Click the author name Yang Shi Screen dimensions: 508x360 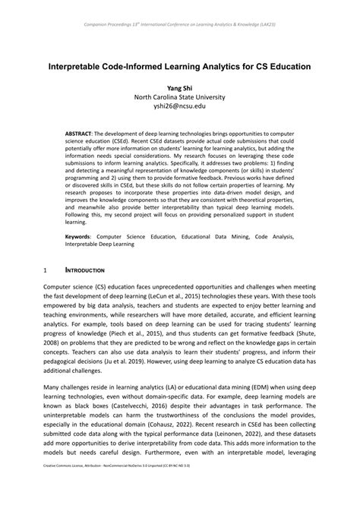click(180, 87)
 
